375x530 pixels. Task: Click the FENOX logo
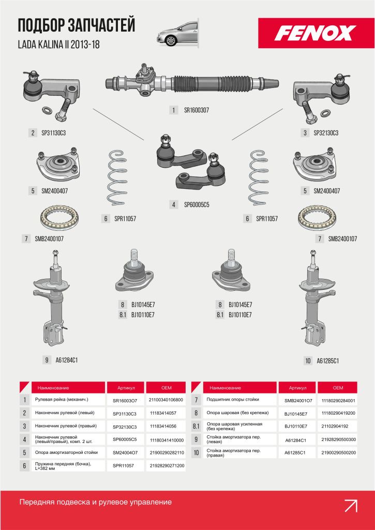(316, 33)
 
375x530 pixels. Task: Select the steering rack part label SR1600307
(196, 110)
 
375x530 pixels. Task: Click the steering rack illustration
(192, 81)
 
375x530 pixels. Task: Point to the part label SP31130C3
(53, 133)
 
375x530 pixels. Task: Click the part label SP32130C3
(326, 133)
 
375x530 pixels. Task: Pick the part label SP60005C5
(197, 204)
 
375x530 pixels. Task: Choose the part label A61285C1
(327, 361)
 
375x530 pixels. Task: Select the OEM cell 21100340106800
(166, 400)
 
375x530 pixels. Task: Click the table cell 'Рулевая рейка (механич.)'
(62, 400)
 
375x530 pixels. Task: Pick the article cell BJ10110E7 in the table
(296, 426)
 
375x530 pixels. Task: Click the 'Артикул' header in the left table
(126, 388)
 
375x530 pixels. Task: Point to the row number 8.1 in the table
(196, 426)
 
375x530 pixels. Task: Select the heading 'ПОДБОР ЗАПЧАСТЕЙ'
(77, 26)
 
